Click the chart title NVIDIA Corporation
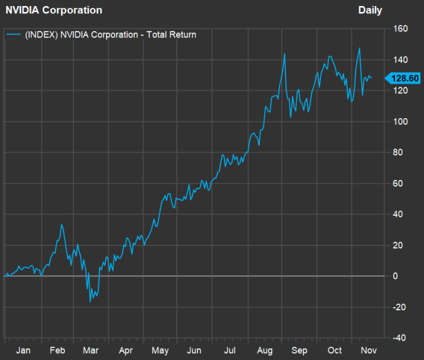pyautogui.click(x=54, y=10)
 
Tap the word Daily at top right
pyautogui.click(x=370, y=10)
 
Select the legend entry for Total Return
pyautogui.click(x=110, y=35)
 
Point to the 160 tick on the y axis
pyautogui.click(x=400, y=28)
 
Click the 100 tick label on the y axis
pyautogui.click(x=400, y=121)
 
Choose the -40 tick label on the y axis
pyautogui.click(x=399, y=338)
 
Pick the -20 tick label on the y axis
pyautogui.click(x=399, y=307)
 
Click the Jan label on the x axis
pyautogui.click(x=23, y=350)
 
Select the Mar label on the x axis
pyautogui.click(x=91, y=350)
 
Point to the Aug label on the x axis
pyautogui.click(x=265, y=350)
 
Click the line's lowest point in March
pyautogui.click(x=90, y=301)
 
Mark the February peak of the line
pyautogui.click(x=61, y=225)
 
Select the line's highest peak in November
pyautogui.click(x=360, y=48)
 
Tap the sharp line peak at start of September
pyautogui.click(x=284, y=54)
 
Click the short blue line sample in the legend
pyautogui.click(x=13, y=35)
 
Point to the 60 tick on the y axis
pyautogui.click(x=397, y=183)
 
